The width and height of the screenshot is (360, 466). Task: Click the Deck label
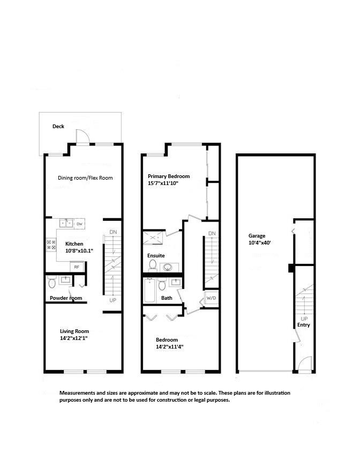pos(58,127)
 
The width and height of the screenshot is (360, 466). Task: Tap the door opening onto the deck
pos(81,137)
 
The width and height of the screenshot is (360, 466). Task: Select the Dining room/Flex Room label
pos(85,177)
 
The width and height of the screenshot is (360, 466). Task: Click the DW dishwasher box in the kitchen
pos(79,223)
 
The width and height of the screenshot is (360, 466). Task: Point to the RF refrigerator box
pos(77,267)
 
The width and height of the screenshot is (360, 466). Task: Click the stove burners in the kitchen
pos(52,245)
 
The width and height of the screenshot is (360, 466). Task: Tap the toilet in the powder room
pos(52,281)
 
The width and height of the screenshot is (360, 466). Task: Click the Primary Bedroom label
pos(169,176)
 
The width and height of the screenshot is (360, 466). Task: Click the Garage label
pos(257,235)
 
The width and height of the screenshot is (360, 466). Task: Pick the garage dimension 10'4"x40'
pos(259,243)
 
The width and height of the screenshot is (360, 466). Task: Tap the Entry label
pos(304,325)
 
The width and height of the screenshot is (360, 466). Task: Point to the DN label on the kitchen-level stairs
pos(113,232)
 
